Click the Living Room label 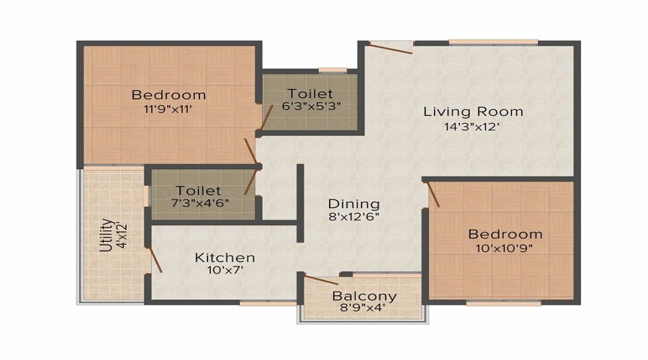click(x=473, y=112)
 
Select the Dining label click(x=354, y=204)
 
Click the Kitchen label click(x=225, y=257)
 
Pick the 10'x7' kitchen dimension click(x=225, y=271)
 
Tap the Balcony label click(x=364, y=296)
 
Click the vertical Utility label click(x=106, y=235)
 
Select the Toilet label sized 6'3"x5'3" click(x=310, y=94)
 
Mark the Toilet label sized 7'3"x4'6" click(x=199, y=191)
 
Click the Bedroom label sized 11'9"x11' click(x=168, y=95)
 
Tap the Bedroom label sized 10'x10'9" click(x=505, y=234)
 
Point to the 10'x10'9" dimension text click(x=505, y=248)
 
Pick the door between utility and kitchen click(x=153, y=260)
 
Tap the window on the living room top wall click(x=493, y=42)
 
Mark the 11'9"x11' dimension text click(x=168, y=109)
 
